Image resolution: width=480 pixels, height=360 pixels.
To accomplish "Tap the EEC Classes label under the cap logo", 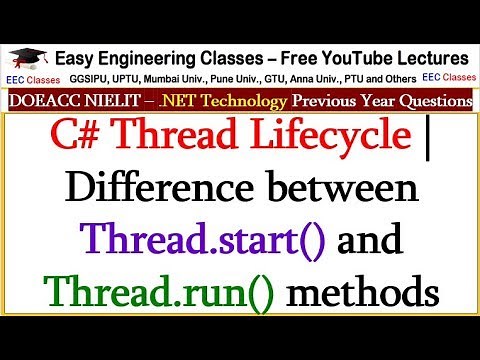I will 28,77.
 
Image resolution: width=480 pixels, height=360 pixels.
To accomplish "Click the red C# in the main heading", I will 104,138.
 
